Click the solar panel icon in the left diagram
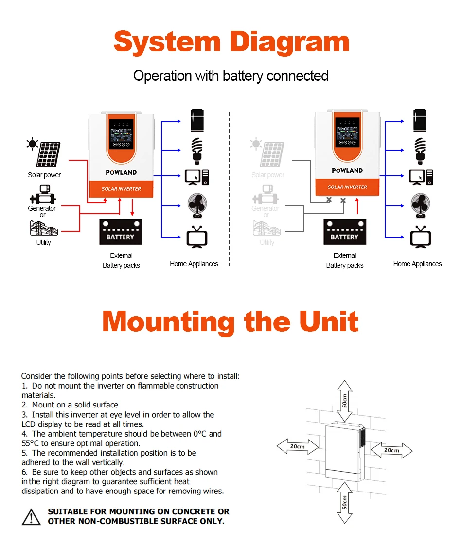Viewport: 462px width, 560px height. [x=48, y=154]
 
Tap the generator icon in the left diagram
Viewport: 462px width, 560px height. [x=43, y=195]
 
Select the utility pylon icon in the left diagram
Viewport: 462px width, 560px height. [x=44, y=228]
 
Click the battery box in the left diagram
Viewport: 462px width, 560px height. [x=121, y=232]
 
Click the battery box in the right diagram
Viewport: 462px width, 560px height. [x=345, y=232]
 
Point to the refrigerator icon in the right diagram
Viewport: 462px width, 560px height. [x=420, y=120]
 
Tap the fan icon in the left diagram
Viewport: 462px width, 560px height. [x=197, y=205]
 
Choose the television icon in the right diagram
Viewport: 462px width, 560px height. [x=421, y=237]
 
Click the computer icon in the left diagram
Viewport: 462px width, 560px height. [x=196, y=177]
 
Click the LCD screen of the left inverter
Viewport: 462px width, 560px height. [x=121, y=134]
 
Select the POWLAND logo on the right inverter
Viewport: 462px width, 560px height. [x=347, y=170]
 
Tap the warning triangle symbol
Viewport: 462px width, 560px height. [x=31, y=517]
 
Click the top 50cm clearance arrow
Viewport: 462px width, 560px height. [x=344, y=401]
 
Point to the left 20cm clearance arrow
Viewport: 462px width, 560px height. [x=298, y=446]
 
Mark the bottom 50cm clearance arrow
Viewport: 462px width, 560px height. [x=344, y=503]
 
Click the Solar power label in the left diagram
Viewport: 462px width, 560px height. [x=44, y=175]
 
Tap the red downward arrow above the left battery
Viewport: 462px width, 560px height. [x=132, y=207]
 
